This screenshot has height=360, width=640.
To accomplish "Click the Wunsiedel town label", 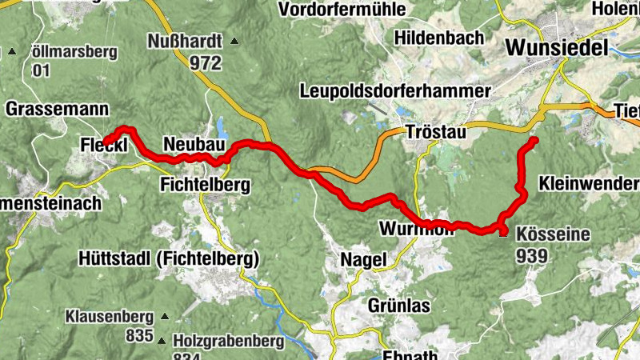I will tap(557, 47).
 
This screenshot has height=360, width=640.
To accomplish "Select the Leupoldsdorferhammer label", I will tap(395, 90).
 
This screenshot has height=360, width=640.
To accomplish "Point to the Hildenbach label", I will tap(439, 38).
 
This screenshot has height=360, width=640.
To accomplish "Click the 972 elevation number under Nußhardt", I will tap(206, 62).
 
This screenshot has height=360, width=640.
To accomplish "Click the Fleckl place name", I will tap(101, 145).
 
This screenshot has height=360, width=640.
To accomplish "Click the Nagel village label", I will tap(363, 259).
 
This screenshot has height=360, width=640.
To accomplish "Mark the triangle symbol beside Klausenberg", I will tap(166, 315).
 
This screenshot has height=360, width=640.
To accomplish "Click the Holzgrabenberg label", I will tap(228, 342).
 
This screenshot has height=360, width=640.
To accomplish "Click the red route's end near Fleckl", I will tap(106, 143).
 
